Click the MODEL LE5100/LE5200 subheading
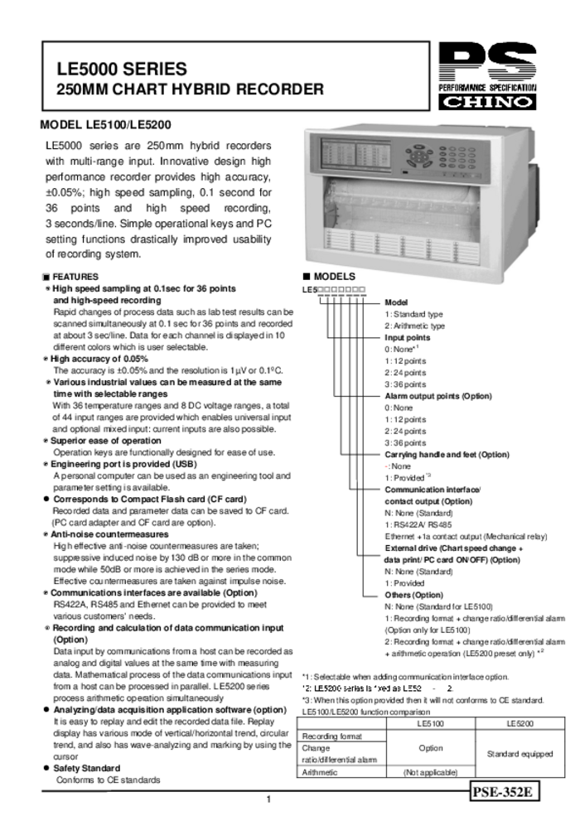tap(105, 125)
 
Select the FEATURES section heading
tap(75, 277)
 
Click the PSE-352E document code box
tap(500, 792)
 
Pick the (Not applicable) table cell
tap(430, 772)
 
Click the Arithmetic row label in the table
tap(320, 772)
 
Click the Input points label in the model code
tap(408, 338)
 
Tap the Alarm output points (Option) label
tap(438, 396)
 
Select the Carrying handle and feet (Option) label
tap(447, 455)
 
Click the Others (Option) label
tap(414, 595)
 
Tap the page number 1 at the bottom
tap(268, 799)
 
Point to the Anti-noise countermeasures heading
tap(109, 534)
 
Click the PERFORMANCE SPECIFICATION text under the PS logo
tap(486, 87)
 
